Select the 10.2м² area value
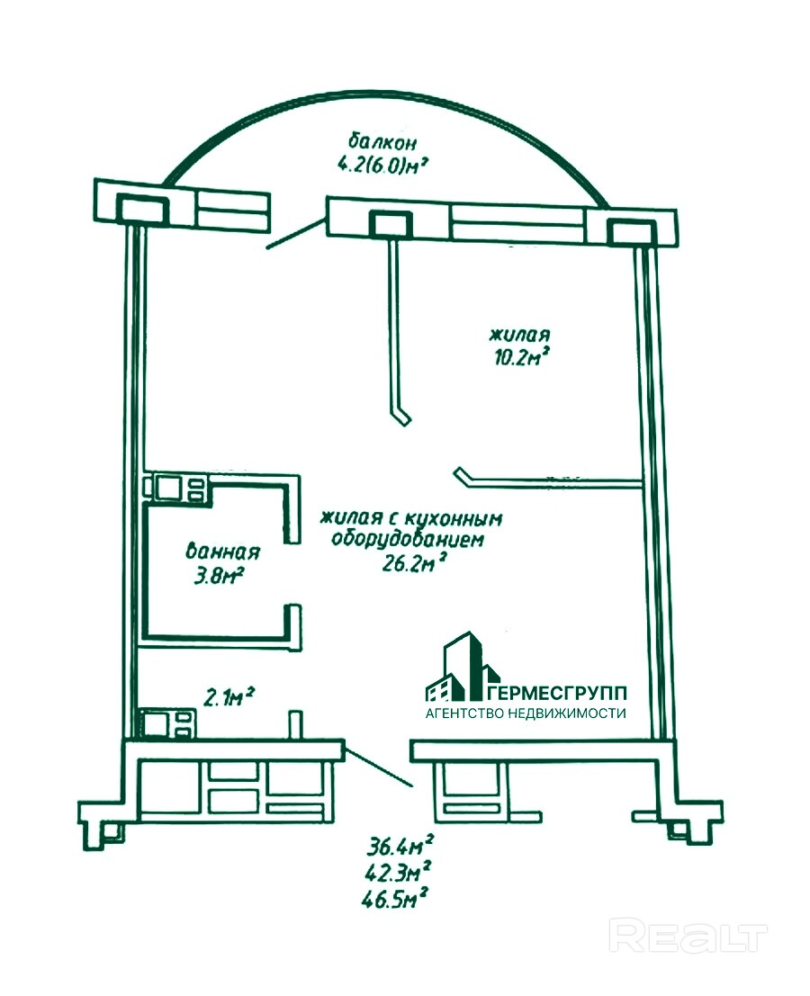tap(519, 356)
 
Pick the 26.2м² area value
tap(415, 564)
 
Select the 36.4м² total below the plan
tap(401, 846)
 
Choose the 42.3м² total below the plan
tap(401, 870)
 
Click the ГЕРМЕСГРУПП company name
tap(558, 693)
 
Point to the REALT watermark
tap(688, 937)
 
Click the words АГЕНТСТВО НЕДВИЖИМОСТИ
tap(526, 713)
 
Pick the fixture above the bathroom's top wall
tap(177, 488)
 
